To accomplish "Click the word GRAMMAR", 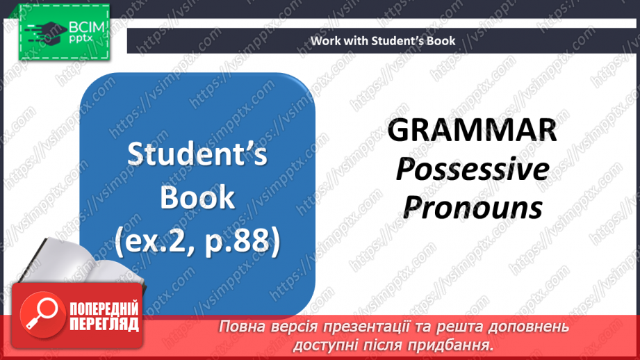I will tap(472, 131).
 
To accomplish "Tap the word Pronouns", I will tap(473, 206).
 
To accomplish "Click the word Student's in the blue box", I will tap(197, 155).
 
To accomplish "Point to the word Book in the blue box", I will tap(197, 198).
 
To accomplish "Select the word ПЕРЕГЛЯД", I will tap(104, 324).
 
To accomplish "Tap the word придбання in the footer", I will tap(456, 344).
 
